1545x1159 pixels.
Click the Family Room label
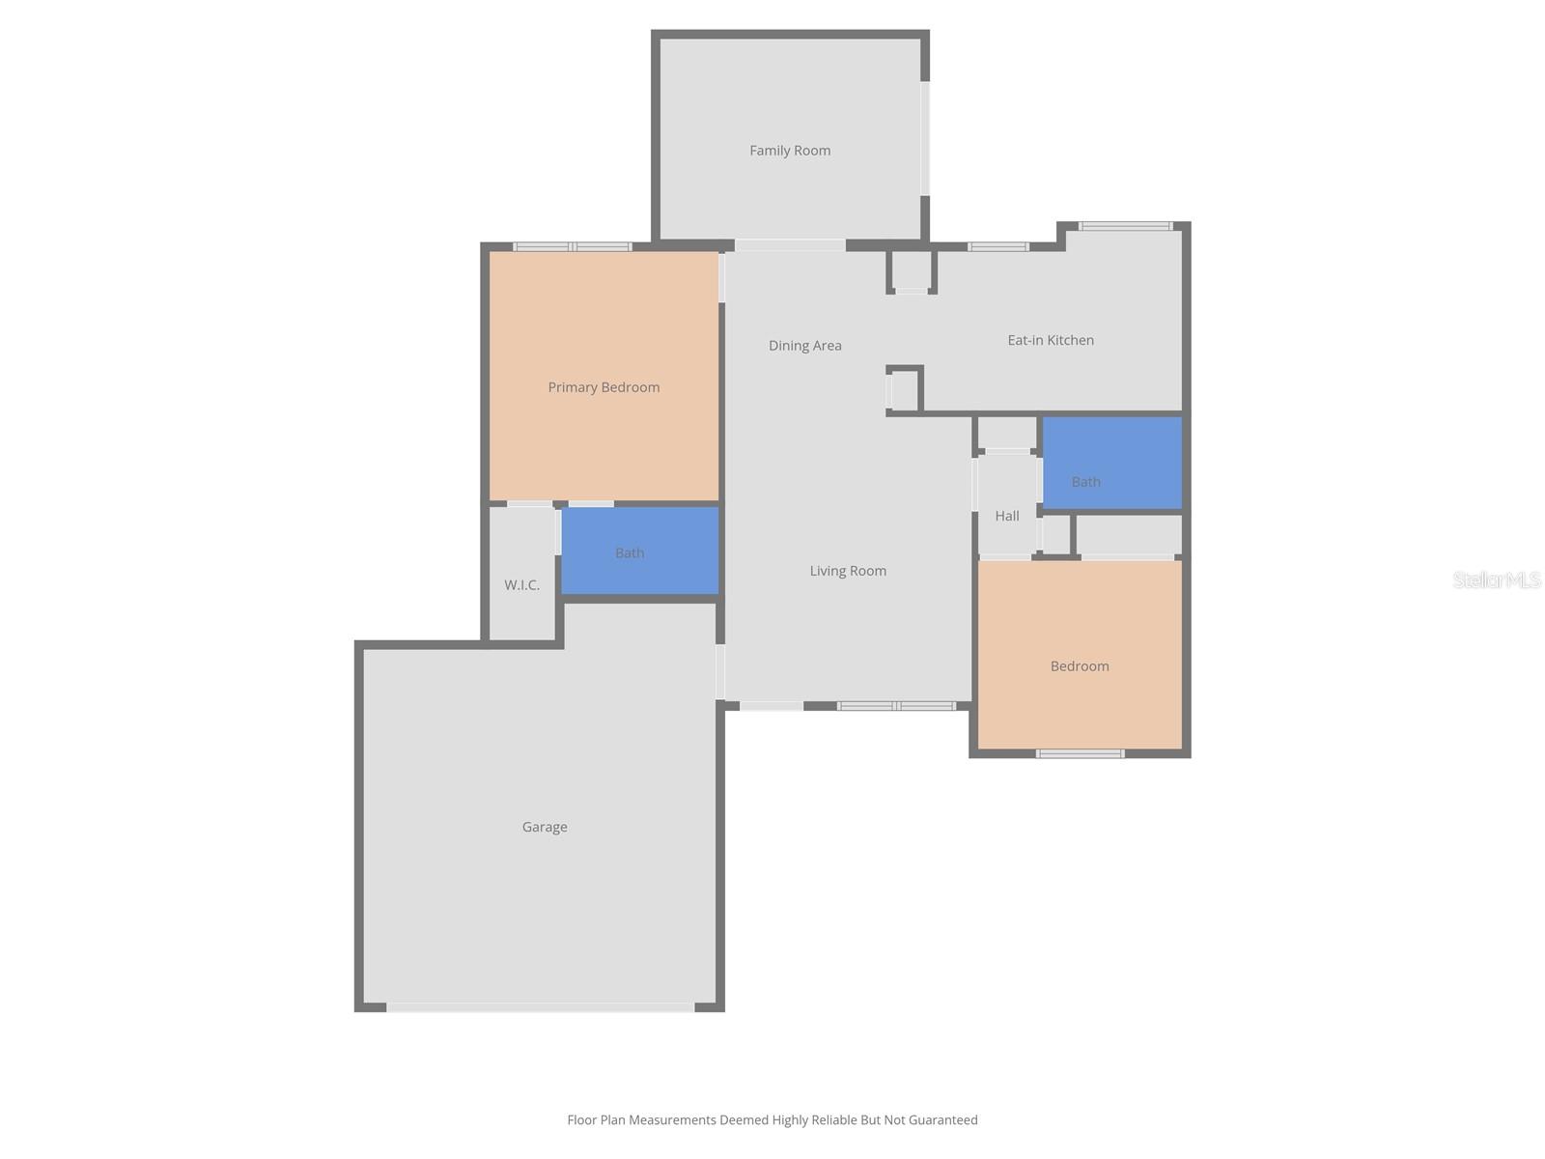pos(790,151)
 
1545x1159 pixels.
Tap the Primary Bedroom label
pos(604,387)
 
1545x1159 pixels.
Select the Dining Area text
pos(804,346)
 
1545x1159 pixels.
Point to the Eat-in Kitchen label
pos(1051,340)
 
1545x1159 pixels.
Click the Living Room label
pos(848,571)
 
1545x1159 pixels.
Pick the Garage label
pos(545,827)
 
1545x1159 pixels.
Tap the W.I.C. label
pos(521,585)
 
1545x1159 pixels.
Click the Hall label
pos(1007,516)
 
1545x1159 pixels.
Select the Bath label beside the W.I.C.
pos(630,553)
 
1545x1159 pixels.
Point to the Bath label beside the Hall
pos(1085,482)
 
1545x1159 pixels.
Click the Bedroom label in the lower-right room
pos(1080,666)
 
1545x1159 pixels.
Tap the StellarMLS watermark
pos(1496,579)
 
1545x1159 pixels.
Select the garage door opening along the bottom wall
pos(541,1007)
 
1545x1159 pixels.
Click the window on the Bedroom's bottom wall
pos(1080,753)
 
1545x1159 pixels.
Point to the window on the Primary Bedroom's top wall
pos(573,246)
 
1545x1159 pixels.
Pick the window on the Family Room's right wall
pos(925,138)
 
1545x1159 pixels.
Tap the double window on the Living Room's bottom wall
pos(896,706)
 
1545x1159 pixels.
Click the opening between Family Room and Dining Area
pos(790,245)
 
